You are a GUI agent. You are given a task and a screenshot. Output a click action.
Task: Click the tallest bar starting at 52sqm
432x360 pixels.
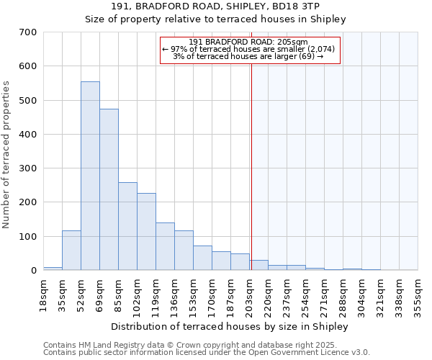pyautogui.click(x=90, y=176)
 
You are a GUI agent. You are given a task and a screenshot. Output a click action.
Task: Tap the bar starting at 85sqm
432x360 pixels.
pyautogui.click(x=127, y=226)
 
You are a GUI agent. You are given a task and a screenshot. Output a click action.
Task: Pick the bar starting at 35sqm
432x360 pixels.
pyautogui.click(x=71, y=250)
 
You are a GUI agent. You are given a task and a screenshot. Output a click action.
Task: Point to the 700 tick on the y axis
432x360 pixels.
pyautogui.click(x=29, y=32)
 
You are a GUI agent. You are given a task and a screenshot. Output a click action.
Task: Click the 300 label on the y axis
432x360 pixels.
pyautogui.click(x=29, y=168)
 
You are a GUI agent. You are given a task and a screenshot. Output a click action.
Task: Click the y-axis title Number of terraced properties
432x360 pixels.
pyautogui.click(x=7, y=155)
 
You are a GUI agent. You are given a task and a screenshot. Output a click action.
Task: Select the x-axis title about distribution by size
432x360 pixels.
pyautogui.click(x=230, y=326)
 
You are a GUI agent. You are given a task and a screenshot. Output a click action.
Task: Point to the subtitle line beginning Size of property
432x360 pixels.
pyautogui.click(x=215, y=19)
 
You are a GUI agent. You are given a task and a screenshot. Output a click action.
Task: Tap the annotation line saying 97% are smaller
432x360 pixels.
pyautogui.click(x=248, y=49)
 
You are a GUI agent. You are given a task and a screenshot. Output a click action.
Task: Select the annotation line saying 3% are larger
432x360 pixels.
pyautogui.click(x=248, y=56)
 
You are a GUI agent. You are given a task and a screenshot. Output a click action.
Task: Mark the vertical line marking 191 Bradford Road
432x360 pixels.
pyautogui.click(x=251, y=166)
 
